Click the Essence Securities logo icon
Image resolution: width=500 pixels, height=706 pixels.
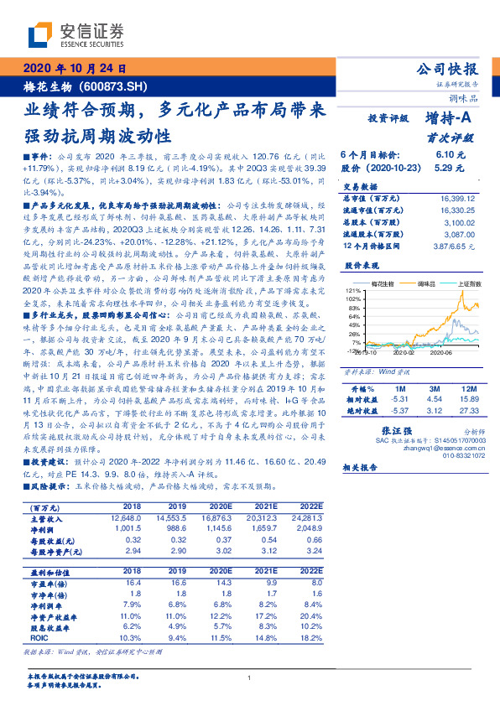pyautogui.click(x=38, y=35)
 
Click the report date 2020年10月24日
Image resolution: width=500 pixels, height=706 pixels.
pyautogui.click(x=75, y=69)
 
